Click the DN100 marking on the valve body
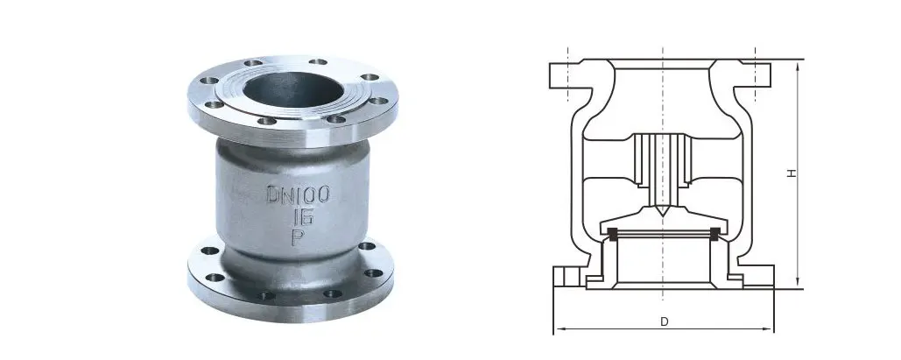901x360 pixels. click(299, 194)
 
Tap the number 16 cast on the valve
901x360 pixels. click(302, 217)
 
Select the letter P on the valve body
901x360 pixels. click(299, 236)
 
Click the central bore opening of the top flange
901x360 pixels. click(293, 89)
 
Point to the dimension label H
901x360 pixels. click(792, 173)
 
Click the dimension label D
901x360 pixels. click(665, 322)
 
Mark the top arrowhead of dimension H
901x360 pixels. click(798, 67)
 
